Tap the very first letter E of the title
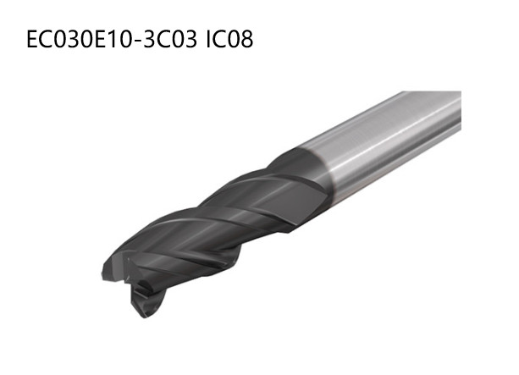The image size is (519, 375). (35, 40)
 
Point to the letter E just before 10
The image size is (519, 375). (100, 40)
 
